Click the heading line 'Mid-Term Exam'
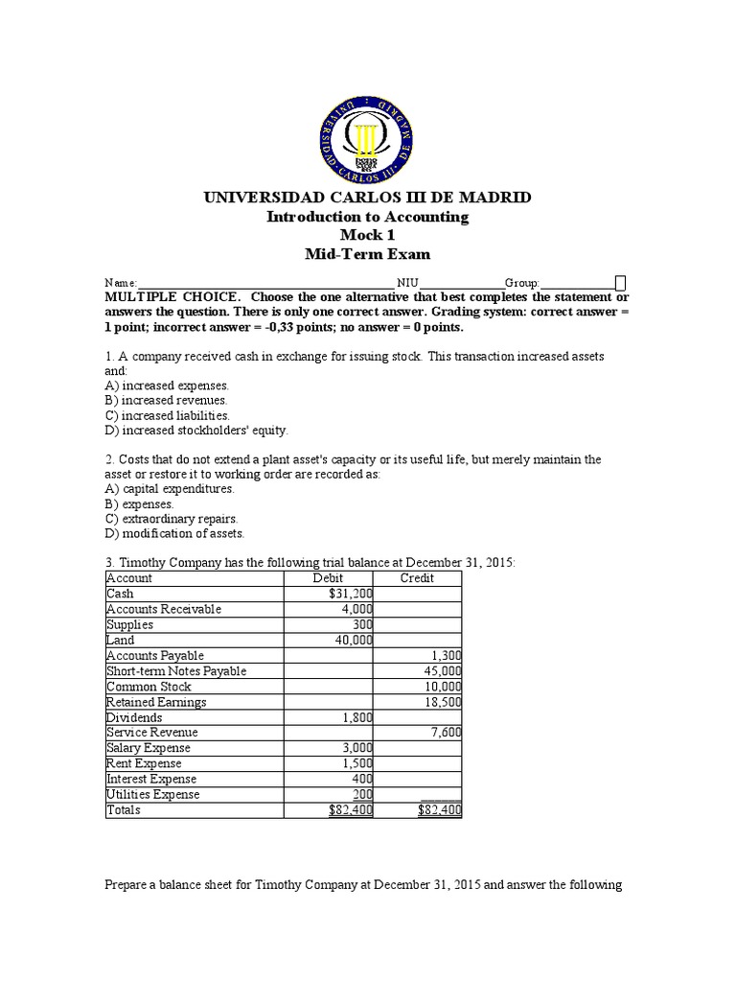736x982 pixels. point(367,254)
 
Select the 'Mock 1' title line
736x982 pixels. point(367,235)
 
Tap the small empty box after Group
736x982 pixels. point(620,283)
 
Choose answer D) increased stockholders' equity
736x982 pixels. point(195,431)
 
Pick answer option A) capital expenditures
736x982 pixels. point(169,488)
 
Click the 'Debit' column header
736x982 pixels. point(328,578)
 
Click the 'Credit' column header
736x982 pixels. point(417,578)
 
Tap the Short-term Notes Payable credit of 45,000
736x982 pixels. point(443,671)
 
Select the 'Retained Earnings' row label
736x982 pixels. point(156,702)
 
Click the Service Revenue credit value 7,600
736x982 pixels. point(446,733)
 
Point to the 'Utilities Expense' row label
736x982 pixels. point(153,794)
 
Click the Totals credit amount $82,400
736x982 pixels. point(440,810)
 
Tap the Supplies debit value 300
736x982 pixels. point(362,624)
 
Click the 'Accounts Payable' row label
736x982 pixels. point(155,655)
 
